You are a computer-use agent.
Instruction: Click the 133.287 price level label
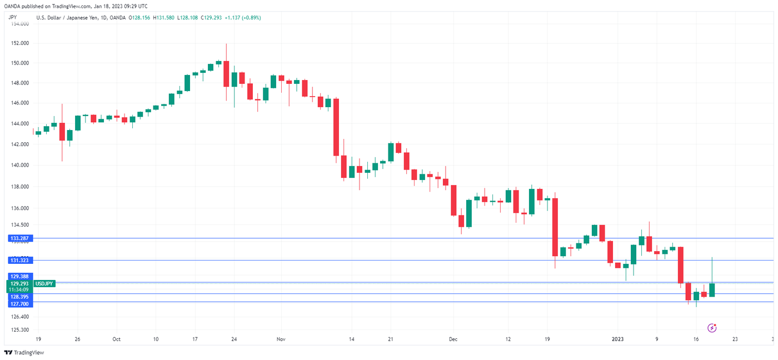click(19, 238)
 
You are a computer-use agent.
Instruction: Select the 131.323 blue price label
click(19, 260)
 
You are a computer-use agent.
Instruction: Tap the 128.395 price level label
click(19, 297)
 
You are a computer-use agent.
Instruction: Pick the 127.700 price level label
click(19, 304)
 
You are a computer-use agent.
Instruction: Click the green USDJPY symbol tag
click(44, 283)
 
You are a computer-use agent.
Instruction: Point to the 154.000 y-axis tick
click(19, 23)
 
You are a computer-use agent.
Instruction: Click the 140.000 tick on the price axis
click(19, 165)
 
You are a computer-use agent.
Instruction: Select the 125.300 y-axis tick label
click(19, 329)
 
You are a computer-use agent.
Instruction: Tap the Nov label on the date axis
click(281, 338)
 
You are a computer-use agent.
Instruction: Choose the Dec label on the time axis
click(453, 338)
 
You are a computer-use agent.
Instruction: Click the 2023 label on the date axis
click(617, 338)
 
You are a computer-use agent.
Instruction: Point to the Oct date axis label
click(116, 338)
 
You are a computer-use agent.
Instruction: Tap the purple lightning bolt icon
click(712, 328)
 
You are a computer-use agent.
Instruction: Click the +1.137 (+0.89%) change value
click(242, 18)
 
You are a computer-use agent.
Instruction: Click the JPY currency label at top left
click(12, 17)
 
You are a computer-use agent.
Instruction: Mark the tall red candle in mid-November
click(336, 127)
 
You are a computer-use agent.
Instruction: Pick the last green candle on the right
click(712, 289)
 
